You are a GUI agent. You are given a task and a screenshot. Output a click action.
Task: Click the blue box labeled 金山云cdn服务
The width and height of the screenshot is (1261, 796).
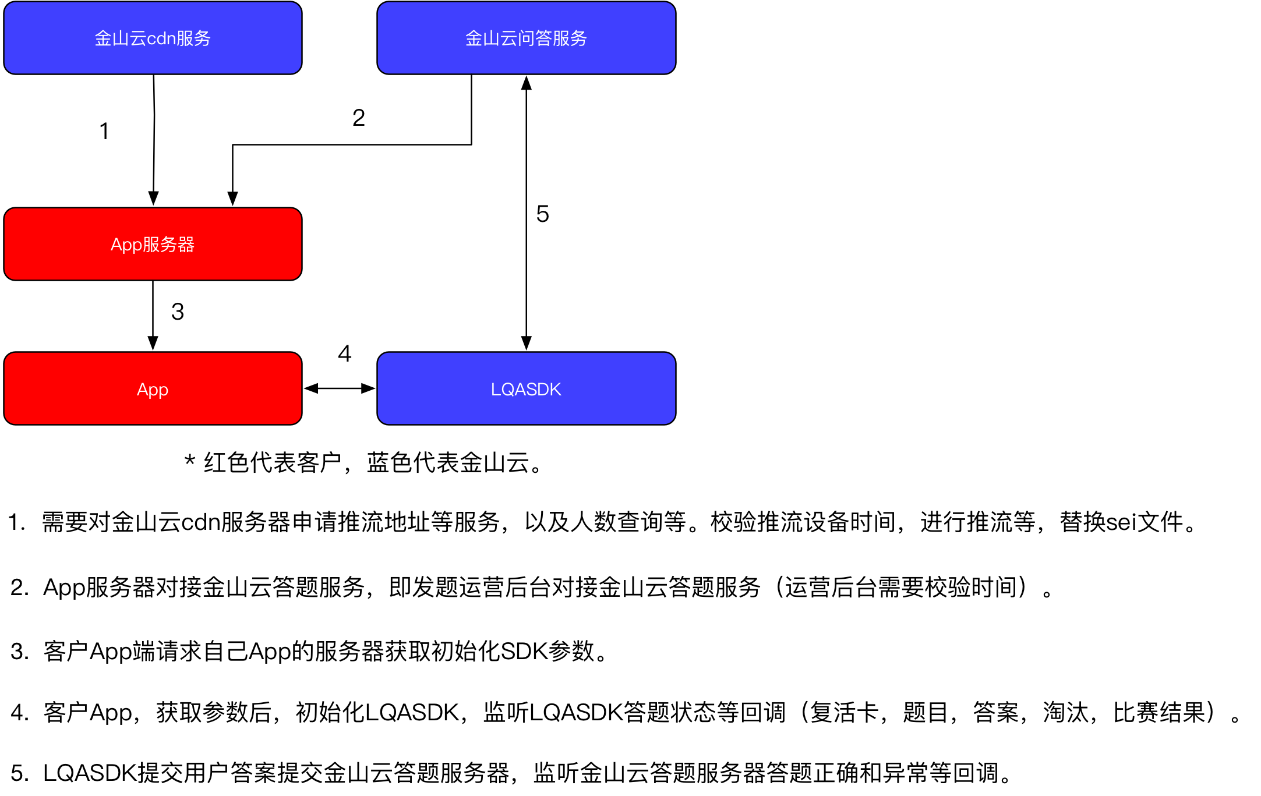tap(153, 38)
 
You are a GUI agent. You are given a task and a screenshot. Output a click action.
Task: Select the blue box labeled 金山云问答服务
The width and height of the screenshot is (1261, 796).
tap(526, 38)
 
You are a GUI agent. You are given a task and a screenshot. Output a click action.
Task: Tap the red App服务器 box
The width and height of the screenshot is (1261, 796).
tap(153, 244)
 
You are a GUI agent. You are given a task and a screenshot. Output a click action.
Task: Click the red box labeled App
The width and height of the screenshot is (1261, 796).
tap(153, 389)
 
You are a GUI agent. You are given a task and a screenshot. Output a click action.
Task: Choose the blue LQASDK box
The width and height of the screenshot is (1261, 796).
tap(526, 389)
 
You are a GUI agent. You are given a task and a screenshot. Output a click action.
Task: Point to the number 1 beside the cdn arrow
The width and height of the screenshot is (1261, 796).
tap(104, 132)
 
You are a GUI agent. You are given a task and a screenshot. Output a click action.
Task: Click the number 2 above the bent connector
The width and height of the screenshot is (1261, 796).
tap(359, 118)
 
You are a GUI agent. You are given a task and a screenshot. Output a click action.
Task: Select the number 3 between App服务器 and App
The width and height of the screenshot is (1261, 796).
tap(178, 312)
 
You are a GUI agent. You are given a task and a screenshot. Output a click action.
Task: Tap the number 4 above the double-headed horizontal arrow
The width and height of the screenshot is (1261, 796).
tap(345, 354)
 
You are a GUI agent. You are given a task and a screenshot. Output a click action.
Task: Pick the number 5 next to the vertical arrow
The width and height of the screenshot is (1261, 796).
tap(543, 214)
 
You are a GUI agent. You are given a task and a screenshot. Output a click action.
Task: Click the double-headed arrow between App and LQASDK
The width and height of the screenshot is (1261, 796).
tap(340, 388)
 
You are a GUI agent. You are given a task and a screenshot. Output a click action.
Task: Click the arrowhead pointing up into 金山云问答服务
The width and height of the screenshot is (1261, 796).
tap(527, 83)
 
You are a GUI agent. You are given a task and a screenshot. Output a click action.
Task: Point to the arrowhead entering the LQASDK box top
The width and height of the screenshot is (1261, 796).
tap(527, 343)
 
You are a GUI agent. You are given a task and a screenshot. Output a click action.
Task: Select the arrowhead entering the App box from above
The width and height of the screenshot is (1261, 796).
tap(153, 343)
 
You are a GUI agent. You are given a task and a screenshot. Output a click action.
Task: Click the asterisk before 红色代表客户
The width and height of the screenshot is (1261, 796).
tap(189, 462)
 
